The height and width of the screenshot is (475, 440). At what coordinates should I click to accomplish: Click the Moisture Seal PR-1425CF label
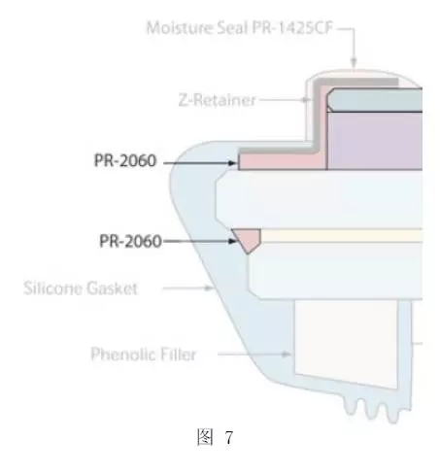(240, 28)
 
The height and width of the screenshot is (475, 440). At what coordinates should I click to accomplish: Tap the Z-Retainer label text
(218, 100)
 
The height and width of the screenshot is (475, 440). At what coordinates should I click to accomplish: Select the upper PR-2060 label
(125, 160)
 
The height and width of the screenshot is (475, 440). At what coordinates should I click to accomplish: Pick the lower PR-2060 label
(130, 241)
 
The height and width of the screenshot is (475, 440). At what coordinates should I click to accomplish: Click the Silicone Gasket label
(81, 288)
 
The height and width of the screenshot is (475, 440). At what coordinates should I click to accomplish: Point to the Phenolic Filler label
(144, 354)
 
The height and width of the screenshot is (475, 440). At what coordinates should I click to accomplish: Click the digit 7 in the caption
(229, 438)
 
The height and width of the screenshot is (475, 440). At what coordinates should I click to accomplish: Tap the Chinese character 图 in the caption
(205, 437)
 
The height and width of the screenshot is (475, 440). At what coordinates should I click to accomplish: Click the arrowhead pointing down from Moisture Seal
(355, 62)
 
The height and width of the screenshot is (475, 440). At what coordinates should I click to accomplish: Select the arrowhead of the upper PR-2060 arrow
(233, 163)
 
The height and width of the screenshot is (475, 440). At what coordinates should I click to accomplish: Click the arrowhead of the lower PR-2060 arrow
(233, 241)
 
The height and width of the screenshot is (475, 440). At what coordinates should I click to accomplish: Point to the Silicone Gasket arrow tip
(213, 288)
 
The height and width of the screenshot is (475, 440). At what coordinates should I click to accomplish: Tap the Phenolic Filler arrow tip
(290, 355)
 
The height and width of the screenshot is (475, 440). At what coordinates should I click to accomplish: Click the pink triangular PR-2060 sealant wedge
(247, 239)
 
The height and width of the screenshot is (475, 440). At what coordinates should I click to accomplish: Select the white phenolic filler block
(346, 344)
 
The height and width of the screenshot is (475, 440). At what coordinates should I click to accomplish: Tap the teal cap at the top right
(375, 100)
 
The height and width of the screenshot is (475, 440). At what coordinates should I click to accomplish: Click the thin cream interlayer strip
(342, 235)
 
